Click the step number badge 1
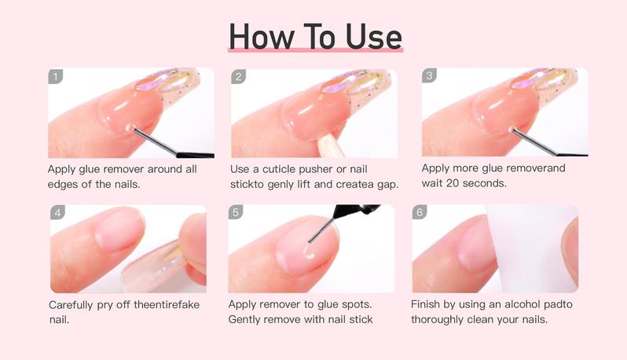tap(55, 76)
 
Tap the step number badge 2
tap(239, 76)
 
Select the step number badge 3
tap(429, 76)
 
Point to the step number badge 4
tap(57, 213)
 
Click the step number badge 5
tap(236, 213)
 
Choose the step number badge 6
tap(420, 213)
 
